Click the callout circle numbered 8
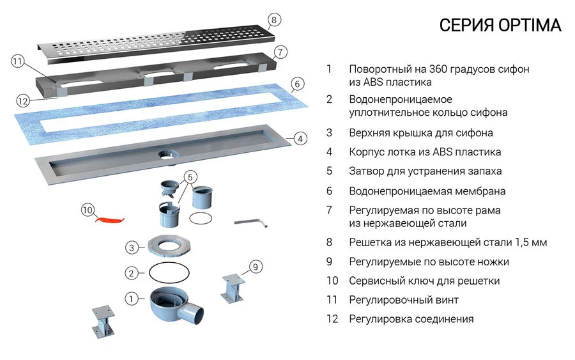[x=273, y=20]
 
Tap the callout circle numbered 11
[x=17, y=62]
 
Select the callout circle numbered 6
[x=296, y=84]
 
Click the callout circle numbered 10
[x=88, y=209]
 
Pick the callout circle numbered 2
[x=132, y=273]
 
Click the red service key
[x=109, y=219]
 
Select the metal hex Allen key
[x=252, y=222]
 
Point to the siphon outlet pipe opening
[x=196, y=313]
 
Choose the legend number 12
[x=331, y=318]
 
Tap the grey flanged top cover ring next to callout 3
[x=168, y=246]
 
